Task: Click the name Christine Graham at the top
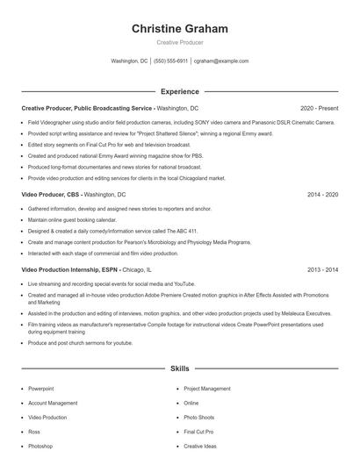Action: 179,29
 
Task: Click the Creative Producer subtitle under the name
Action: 179,42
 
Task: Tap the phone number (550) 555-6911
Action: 170,61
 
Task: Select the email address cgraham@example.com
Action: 221,61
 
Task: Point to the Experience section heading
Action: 179,90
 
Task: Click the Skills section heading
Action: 179,369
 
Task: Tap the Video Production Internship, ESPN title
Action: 70,270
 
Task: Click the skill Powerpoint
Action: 40,388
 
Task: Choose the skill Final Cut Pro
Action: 198,432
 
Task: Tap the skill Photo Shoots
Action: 198,417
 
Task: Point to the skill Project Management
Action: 207,388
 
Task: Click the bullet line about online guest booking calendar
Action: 71,220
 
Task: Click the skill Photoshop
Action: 40,446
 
